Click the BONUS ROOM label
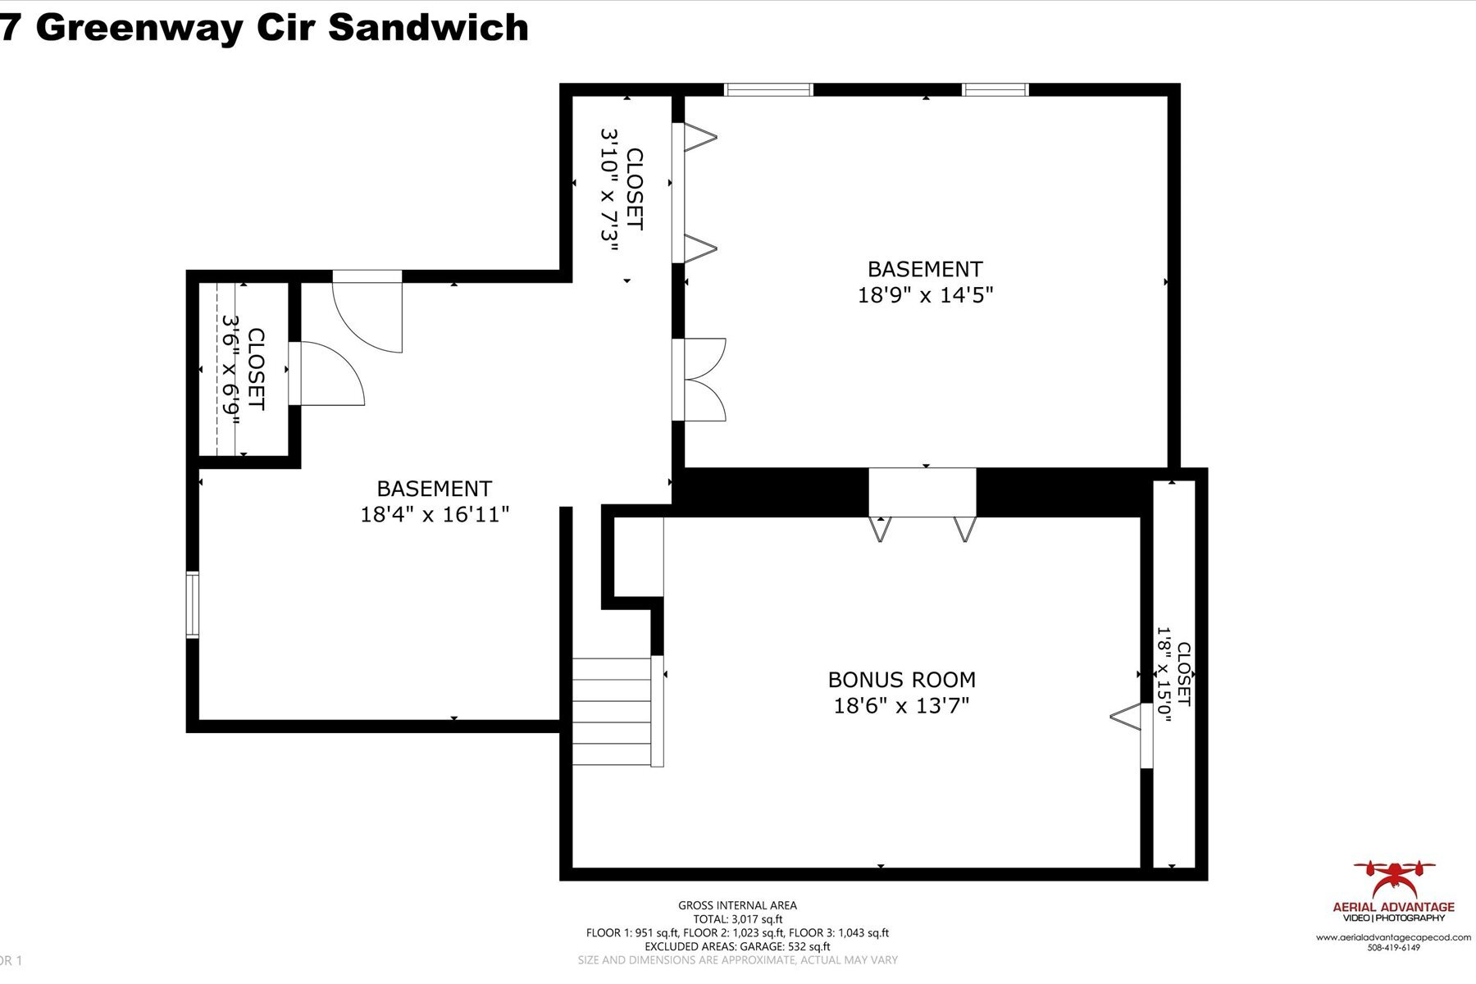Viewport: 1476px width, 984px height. [901, 680]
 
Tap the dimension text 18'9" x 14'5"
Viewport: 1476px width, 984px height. [925, 295]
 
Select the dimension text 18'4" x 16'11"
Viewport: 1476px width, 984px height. [435, 515]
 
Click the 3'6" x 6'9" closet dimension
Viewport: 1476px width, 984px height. [230, 369]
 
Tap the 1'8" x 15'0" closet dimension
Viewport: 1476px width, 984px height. [1163, 670]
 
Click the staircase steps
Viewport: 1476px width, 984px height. [612, 711]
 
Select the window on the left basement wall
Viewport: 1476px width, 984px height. [192, 605]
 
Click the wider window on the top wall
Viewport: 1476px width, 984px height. [768, 90]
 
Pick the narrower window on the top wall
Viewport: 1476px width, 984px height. [995, 90]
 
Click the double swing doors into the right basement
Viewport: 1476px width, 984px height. [699, 380]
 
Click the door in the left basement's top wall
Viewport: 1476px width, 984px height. [368, 312]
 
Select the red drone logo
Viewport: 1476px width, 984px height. [1393, 880]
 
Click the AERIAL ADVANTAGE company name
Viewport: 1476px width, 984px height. [1393, 907]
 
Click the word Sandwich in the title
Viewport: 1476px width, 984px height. [428, 27]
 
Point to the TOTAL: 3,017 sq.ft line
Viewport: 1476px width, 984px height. [737, 919]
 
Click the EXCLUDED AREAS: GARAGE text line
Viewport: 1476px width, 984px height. [737, 946]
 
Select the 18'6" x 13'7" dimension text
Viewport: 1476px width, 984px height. [901, 706]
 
